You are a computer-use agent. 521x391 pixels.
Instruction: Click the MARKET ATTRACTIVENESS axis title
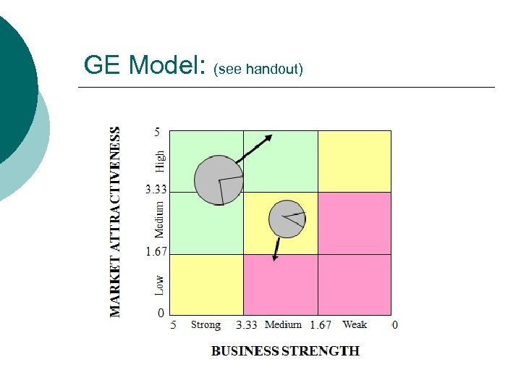(115, 222)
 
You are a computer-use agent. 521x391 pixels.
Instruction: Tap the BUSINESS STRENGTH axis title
(285, 351)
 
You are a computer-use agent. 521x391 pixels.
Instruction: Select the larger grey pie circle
(219, 180)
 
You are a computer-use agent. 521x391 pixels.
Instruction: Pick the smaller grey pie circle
(287, 219)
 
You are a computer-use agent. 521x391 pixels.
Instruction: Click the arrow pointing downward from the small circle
(276, 248)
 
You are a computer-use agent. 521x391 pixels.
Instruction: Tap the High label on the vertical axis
(160, 161)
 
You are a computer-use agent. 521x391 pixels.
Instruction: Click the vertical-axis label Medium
(160, 219)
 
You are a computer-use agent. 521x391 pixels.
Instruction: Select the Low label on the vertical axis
(160, 284)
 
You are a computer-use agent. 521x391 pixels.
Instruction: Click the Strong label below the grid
(206, 325)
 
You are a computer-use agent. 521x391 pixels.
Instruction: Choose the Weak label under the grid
(355, 325)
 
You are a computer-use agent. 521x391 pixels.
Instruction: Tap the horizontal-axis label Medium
(283, 325)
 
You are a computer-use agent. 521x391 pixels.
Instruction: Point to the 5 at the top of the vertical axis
(157, 133)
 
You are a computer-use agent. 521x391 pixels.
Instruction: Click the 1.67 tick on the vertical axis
(157, 252)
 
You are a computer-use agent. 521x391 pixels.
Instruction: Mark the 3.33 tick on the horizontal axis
(247, 325)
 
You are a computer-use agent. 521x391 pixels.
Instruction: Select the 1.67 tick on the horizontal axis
(321, 325)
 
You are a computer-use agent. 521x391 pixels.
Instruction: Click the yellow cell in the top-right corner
(355, 161)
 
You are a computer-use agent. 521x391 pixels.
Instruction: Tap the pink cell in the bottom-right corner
(355, 284)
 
